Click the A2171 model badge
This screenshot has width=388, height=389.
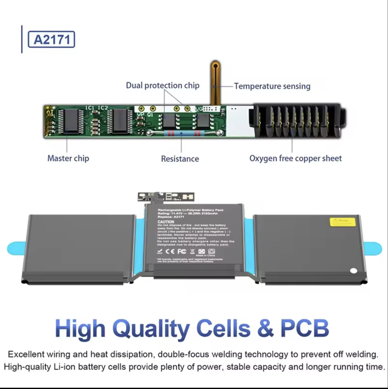pyautogui.click(x=51, y=39)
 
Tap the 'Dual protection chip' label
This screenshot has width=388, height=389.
pyautogui.click(x=163, y=85)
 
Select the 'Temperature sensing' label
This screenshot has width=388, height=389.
pyautogui.click(x=272, y=86)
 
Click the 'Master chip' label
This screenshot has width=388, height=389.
pyautogui.click(x=68, y=158)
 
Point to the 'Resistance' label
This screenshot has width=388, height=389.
pyautogui.click(x=180, y=159)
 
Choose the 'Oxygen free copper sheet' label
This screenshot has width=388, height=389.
pyautogui.click(x=295, y=158)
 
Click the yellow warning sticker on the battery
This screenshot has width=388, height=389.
pyautogui.click(x=342, y=221)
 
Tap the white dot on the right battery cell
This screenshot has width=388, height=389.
pyautogui.click(x=354, y=271)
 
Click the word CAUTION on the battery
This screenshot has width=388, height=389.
pyautogui.click(x=166, y=222)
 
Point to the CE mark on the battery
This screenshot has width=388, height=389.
pyautogui.click(x=170, y=251)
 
